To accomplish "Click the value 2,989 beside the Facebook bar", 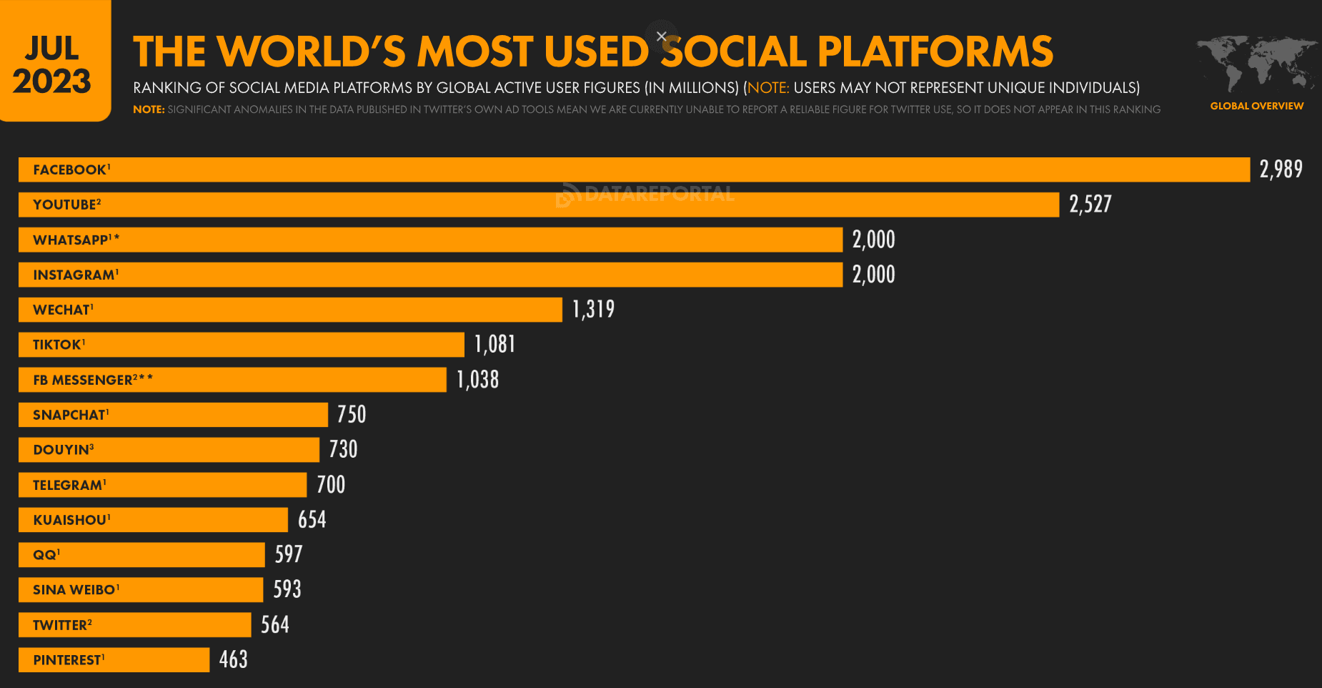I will pos(1281,169).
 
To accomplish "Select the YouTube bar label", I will pos(66,205).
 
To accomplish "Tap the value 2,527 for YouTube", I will pos(1090,205).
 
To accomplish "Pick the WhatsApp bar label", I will pos(76,240).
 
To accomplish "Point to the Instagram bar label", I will pos(75,275).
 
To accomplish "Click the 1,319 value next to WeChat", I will pos(593,309).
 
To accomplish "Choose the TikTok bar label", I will pos(59,345).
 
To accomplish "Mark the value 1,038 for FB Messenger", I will pos(477,380).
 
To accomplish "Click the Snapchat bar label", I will pos(71,415).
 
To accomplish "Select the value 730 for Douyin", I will pos(343,449).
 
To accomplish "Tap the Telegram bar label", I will pos(69,485).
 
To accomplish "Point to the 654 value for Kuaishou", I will pos(312,519).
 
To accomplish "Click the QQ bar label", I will pos(46,555).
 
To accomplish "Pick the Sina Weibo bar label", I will pos(76,590).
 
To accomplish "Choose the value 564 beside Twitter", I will pos(274,625).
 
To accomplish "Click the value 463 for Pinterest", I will pos(233,659).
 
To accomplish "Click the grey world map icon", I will pos(1257,63).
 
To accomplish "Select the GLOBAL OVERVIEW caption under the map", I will pos(1256,106).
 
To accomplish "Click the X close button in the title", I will pos(662,36).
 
